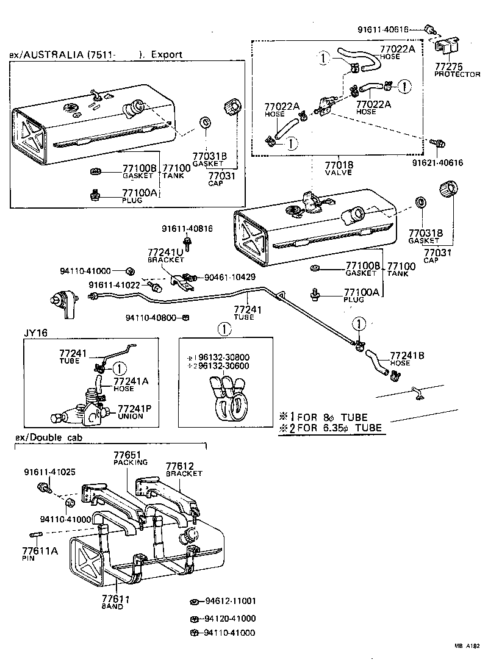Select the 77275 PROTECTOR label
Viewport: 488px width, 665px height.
457,70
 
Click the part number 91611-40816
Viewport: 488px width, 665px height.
187,229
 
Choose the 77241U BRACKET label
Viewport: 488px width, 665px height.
165,255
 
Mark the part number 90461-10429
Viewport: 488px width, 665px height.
230,276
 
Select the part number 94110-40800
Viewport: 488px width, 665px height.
152,317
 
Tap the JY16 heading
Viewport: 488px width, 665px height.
35,333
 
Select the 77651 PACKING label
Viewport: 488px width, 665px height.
127,458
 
